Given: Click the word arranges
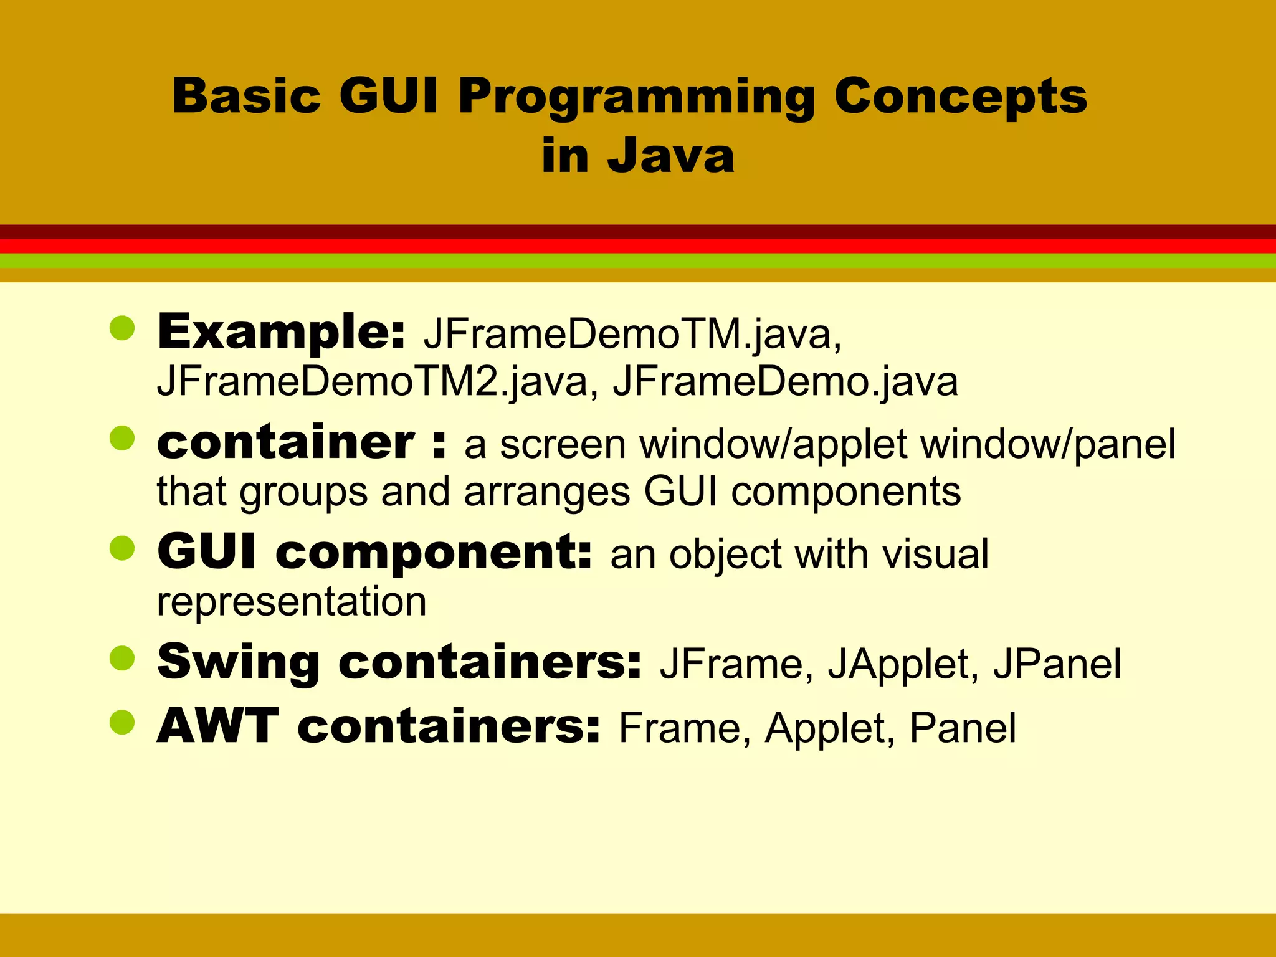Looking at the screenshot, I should click(546, 492).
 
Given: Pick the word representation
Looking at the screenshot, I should click(292, 601).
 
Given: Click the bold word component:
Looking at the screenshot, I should click(434, 553).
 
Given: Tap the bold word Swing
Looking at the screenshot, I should click(239, 663).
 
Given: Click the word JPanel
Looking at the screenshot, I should click(1057, 664).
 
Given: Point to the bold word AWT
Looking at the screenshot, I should click(218, 727).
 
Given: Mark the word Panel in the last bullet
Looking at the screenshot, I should click(963, 728).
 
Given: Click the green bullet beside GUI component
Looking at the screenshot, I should click(122, 548).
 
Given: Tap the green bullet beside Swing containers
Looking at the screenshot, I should click(122, 659).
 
